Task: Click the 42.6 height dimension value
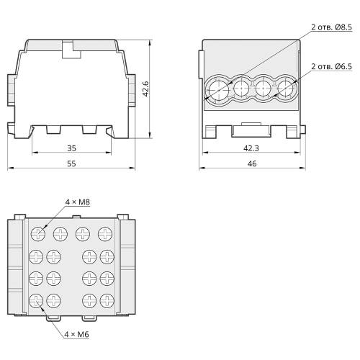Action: click(145, 89)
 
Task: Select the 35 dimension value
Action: click(71, 148)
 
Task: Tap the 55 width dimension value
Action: click(71, 163)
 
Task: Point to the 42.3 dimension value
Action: click(251, 148)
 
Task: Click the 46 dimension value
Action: click(252, 163)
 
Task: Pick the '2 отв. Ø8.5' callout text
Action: click(331, 27)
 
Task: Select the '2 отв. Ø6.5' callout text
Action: click(331, 66)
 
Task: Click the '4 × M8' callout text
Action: click(78, 202)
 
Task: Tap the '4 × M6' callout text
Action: click(76, 334)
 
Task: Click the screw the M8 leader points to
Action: click(38, 234)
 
